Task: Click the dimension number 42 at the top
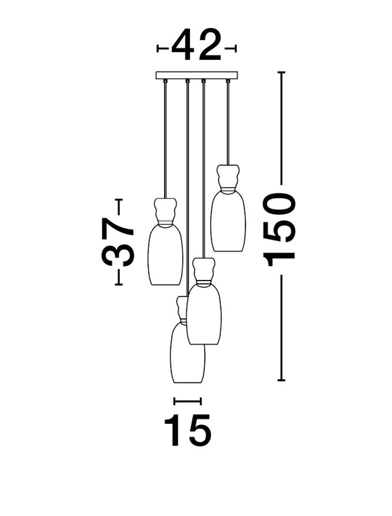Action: [196, 45]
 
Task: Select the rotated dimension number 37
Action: [118, 241]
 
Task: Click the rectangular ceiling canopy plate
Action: [197, 75]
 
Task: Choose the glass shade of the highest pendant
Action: [228, 221]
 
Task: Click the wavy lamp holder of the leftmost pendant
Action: [165, 211]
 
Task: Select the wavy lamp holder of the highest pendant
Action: [228, 178]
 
